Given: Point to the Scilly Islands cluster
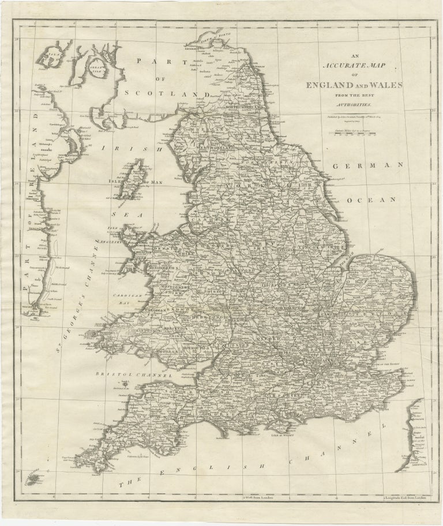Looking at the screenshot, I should [x=35, y=476].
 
